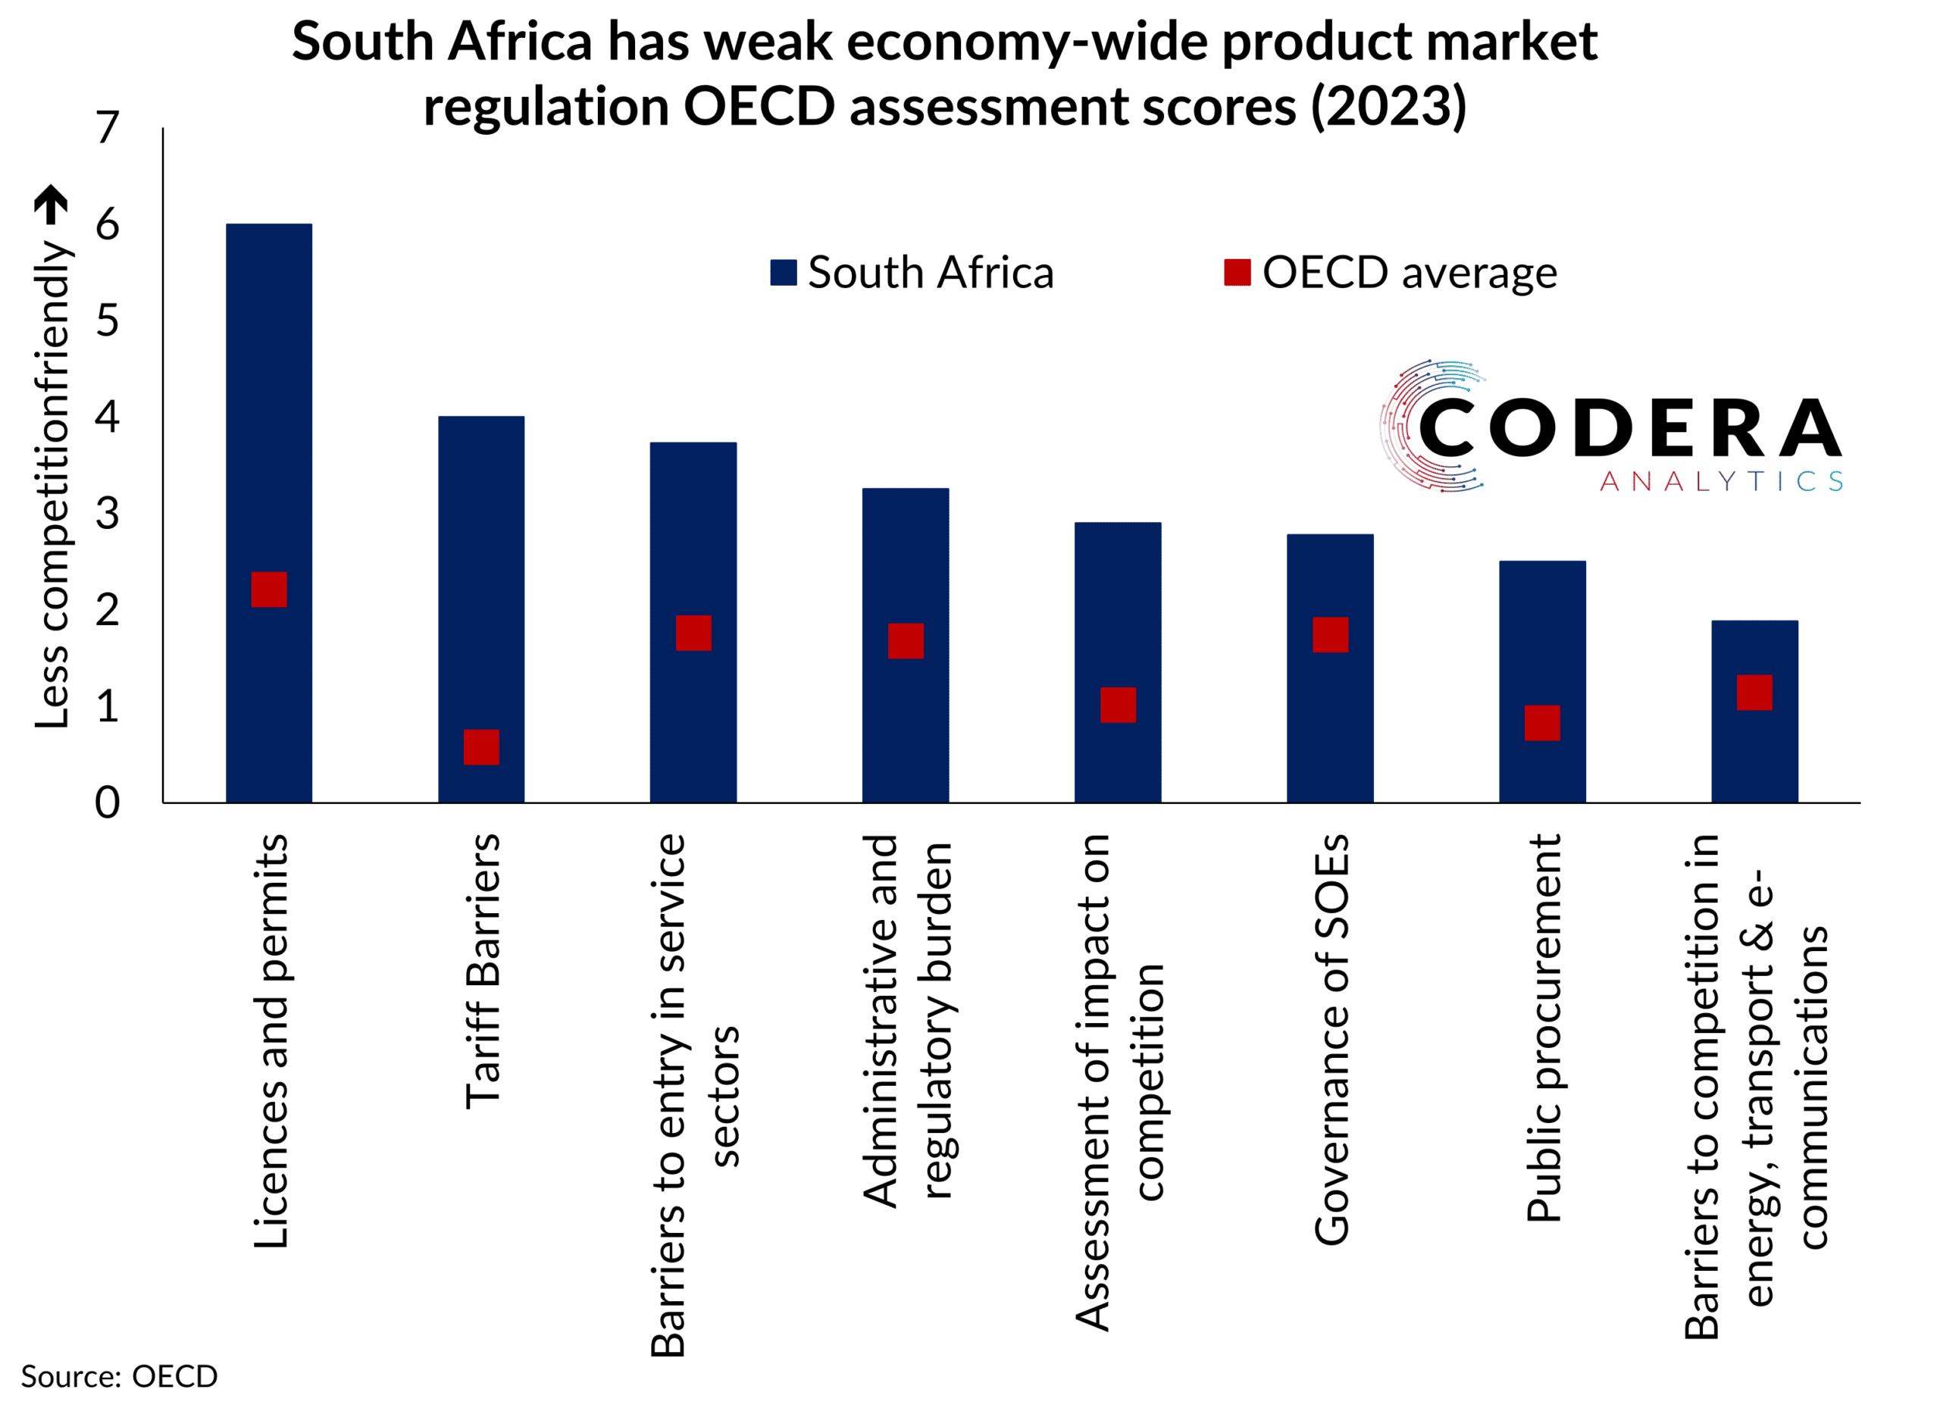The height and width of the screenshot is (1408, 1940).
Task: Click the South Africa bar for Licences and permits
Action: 268,385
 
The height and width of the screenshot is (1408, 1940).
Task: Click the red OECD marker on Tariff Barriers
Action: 481,746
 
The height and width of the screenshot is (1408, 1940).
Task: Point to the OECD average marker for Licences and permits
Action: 268,590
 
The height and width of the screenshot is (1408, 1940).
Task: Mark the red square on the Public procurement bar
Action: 1542,723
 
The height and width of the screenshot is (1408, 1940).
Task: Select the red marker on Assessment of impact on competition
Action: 1118,705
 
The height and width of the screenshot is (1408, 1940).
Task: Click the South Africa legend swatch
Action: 784,273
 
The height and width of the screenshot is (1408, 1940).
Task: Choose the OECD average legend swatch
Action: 1237,273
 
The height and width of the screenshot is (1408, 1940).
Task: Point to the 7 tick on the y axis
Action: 107,128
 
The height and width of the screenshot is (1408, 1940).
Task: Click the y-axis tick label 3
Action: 107,514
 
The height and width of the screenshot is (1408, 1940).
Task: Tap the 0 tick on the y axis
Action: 107,803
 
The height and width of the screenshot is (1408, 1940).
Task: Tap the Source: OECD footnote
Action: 119,1376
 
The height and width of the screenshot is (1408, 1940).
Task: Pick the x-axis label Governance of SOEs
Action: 1331,1039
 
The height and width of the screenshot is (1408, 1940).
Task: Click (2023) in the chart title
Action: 1388,106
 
